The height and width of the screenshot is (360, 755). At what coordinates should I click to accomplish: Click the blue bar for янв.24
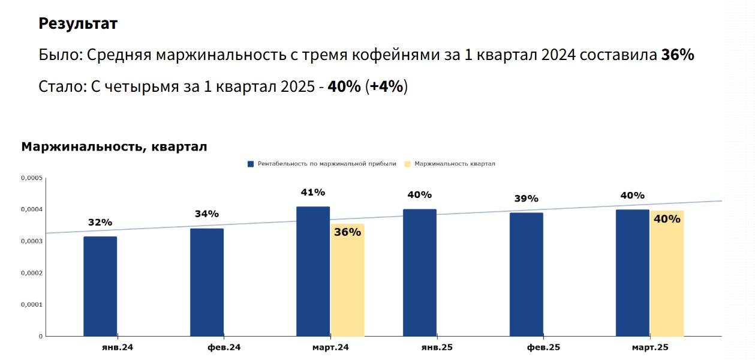100,286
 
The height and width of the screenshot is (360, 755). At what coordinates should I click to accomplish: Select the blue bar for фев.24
207,282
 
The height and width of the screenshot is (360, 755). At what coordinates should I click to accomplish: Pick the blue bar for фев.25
527,274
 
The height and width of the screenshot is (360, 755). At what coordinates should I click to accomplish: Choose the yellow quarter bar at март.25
667,274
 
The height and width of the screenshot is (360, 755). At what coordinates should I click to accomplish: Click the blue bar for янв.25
420,272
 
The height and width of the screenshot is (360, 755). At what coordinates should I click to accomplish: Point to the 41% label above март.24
313,193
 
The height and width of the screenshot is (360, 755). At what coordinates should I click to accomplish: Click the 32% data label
100,223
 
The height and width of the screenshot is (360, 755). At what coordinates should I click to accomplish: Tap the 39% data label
527,199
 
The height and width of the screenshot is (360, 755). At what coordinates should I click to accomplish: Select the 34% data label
207,214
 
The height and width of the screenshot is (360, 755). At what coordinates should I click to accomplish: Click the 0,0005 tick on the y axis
32,178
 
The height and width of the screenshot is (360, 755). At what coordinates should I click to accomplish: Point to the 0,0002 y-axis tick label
32,273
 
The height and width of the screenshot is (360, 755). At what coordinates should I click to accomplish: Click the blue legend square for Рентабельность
251,164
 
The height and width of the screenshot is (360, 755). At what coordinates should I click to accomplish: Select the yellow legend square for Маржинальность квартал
408,164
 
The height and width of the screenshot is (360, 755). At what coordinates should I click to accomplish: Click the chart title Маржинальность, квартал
114,147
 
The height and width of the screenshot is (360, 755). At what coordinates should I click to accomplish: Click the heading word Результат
78,24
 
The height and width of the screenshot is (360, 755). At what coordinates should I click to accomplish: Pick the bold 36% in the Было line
678,55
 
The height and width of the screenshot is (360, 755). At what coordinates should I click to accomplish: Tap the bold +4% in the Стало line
387,86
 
